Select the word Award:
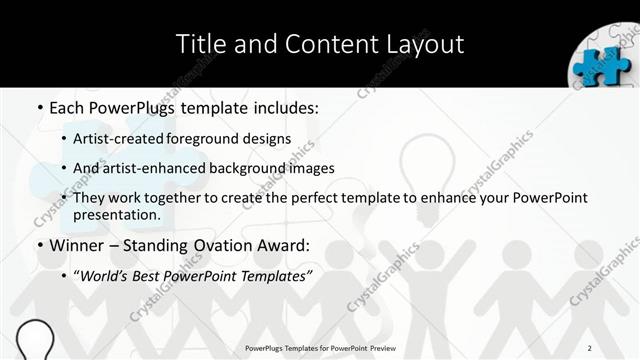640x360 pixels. coord(290,245)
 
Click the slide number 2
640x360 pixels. coord(590,347)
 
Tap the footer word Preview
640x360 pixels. coord(374,347)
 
